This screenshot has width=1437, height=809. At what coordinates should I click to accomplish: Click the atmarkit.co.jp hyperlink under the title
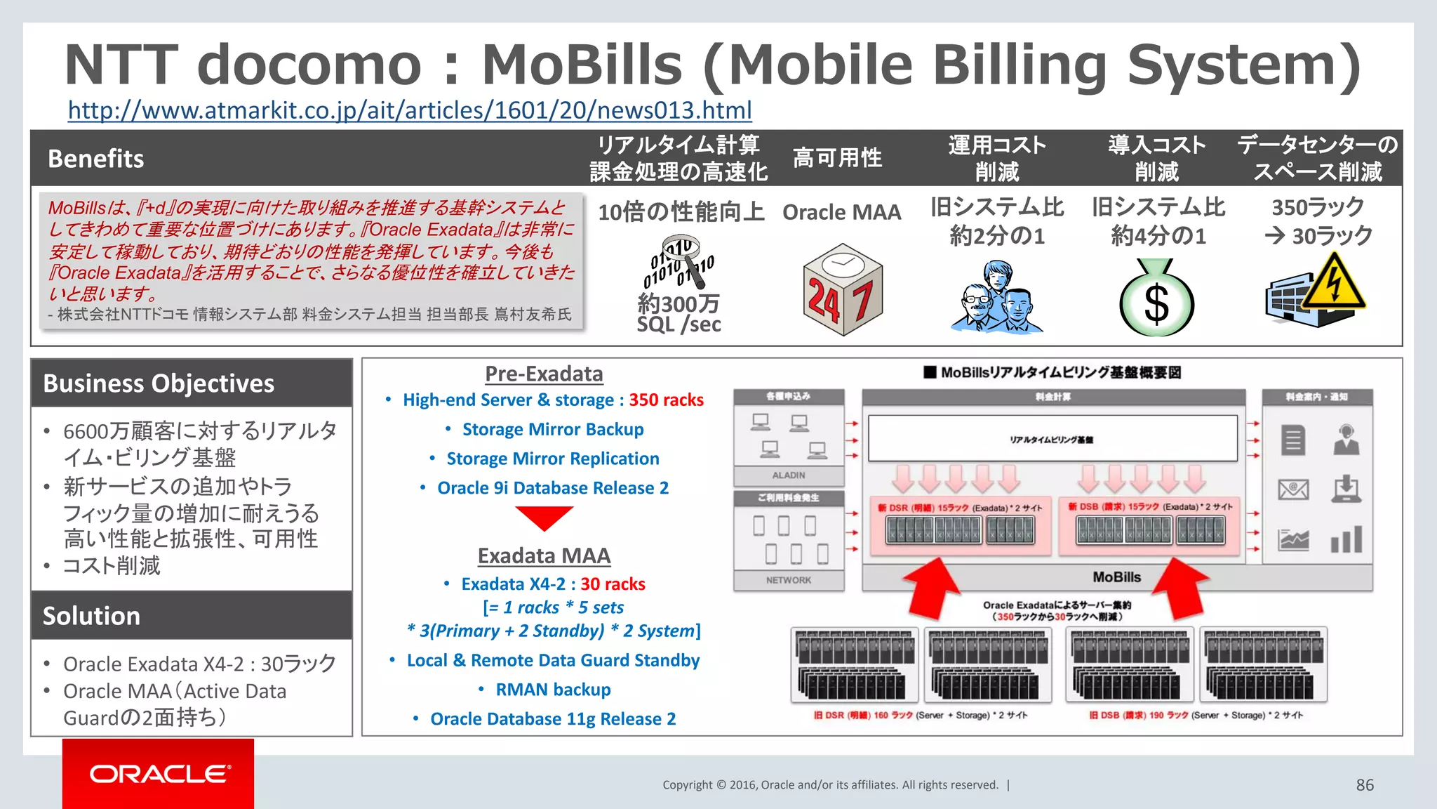pos(410,110)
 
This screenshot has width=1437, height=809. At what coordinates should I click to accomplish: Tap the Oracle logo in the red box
pos(159,773)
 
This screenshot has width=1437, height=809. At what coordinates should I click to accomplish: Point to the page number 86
pos(1364,785)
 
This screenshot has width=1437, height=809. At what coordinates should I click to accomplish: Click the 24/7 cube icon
pos(842,289)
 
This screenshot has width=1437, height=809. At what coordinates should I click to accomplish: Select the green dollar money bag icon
pos(1156,298)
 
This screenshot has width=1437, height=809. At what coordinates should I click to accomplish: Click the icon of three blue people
pos(996,296)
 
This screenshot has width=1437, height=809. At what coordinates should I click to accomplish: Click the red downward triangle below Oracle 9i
pos(544,518)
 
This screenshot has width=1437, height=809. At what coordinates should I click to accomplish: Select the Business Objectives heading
pos(159,383)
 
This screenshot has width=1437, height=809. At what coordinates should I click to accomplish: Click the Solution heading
pos(91,616)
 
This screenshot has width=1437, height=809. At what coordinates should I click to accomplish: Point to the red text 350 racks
pos(666,400)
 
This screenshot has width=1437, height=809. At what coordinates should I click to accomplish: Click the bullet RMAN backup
pos(553,690)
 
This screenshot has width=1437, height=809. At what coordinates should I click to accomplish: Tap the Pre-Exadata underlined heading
pos(544,374)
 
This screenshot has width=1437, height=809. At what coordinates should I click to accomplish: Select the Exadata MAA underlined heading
pos(544,555)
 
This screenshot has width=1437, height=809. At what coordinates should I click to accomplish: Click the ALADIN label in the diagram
pos(789,475)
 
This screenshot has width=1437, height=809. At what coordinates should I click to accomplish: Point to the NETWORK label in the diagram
pos(789,580)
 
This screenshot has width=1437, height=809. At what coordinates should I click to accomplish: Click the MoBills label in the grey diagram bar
pos(1116,577)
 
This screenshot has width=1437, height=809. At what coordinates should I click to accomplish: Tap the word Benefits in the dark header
pos(96,159)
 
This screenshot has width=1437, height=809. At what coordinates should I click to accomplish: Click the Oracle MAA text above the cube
pos(841,212)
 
